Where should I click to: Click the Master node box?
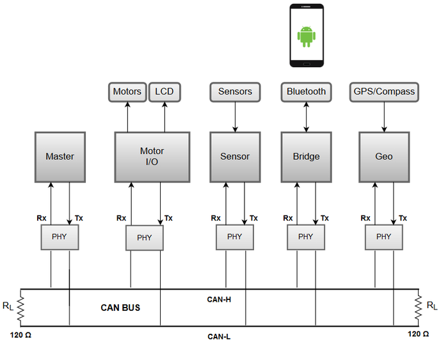(x=60, y=157)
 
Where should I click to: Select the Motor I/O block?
(x=152, y=157)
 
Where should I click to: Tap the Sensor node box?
(x=235, y=157)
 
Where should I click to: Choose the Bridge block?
(x=307, y=157)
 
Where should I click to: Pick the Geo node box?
(x=384, y=157)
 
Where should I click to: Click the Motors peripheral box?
(x=127, y=92)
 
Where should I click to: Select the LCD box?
(x=164, y=92)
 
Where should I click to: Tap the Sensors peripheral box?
(x=235, y=92)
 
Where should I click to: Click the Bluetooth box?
(x=307, y=92)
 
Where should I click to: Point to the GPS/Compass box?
(x=384, y=92)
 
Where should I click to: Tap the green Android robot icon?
(x=307, y=36)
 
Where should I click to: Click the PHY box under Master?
(x=60, y=237)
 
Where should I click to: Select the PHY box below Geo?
(x=384, y=237)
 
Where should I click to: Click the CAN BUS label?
(x=120, y=308)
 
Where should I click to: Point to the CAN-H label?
(x=219, y=299)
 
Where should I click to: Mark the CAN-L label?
(x=219, y=337)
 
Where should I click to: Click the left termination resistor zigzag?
(x=20, y=308)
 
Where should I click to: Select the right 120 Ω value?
(x=419, y=334)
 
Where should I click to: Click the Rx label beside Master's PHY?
(x=42, y=218)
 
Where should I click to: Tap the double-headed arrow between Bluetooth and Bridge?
(x=307, y=117)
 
